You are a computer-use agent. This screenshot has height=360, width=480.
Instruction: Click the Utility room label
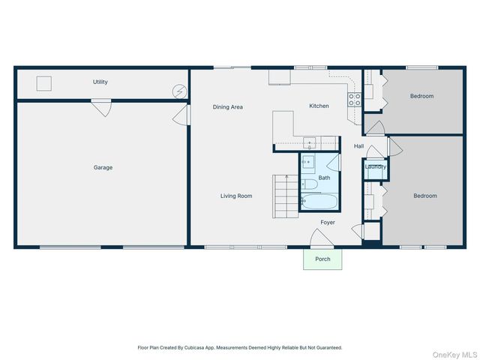coord(100,82)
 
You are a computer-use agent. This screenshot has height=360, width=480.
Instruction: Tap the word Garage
coord(103,167)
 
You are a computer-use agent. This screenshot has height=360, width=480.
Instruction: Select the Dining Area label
coord(228,106)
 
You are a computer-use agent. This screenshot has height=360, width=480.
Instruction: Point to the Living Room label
coord(236,196)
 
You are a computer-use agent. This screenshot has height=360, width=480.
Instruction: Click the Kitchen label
coord(319,106)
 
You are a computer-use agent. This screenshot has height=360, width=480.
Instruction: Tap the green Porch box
coord(322,259)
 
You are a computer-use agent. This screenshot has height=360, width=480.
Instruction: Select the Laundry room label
coord(375,166)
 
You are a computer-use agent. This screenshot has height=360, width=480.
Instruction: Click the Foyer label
coord(328,222)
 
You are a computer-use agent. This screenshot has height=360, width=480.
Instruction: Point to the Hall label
coord(358,146)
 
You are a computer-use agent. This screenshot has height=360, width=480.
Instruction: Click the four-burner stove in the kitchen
coord(355,100)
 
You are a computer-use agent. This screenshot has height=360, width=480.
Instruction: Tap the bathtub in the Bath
coord(319,202)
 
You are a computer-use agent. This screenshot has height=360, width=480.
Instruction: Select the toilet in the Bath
coord(310,184)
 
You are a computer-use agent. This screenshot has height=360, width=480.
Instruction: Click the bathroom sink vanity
coord(308,162)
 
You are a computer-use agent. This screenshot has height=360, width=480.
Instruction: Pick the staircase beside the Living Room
coord(285,196)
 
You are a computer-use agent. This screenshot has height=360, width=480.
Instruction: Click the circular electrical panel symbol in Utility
coord(179,91)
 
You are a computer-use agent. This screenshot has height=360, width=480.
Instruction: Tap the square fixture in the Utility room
coord(44,83)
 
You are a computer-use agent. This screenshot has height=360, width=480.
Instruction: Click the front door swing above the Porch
coord(322,238)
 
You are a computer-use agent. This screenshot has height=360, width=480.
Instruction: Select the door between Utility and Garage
coord(102,108)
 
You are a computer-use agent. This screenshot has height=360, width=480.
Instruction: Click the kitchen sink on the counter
coord(309,143)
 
